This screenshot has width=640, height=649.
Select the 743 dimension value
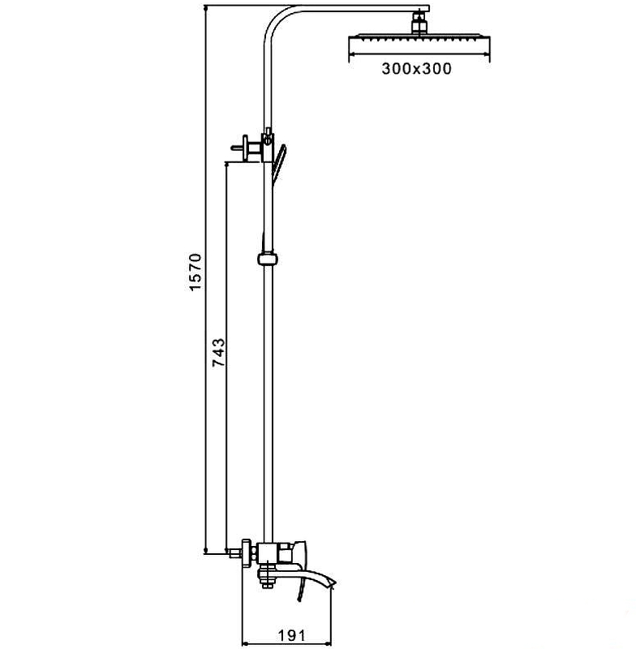point(218,353)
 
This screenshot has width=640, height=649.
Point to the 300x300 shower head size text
point(416,69)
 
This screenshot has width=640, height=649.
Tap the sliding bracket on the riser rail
point(266,259)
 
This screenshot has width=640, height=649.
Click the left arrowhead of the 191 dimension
point(246,623)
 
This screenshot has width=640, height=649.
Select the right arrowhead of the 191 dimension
point(331,623)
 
